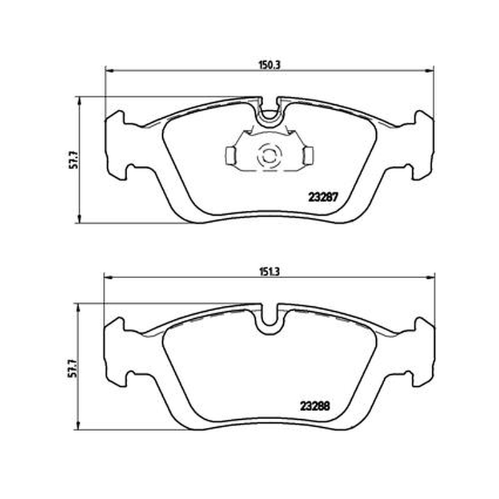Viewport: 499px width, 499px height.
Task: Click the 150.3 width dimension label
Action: point(269,65)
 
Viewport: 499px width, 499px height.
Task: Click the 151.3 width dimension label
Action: point(269,272)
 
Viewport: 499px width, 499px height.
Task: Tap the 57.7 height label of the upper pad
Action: point(74,160)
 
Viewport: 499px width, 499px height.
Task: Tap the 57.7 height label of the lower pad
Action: point(74,368)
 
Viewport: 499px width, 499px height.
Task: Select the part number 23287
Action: point(322,198)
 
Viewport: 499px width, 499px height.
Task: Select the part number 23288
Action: point(315,406)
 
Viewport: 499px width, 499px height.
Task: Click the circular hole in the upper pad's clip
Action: point(269,156)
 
